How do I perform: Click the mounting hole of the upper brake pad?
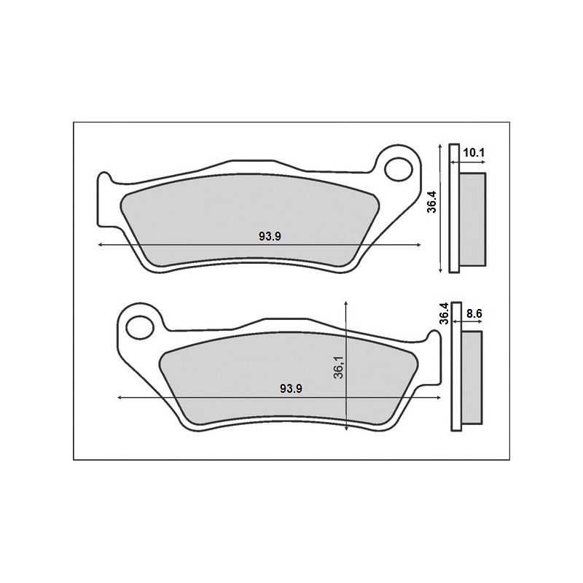(399, 170)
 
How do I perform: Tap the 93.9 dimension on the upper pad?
(270, 236)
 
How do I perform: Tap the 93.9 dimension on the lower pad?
(291, 389)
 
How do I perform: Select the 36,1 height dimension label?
(338, 367)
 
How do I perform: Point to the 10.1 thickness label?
(474, 152)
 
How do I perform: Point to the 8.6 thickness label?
(474, 314)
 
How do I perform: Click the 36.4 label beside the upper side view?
(432, 201)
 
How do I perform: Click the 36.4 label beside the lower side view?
(444, 313)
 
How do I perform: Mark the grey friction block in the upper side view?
(472, 219)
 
